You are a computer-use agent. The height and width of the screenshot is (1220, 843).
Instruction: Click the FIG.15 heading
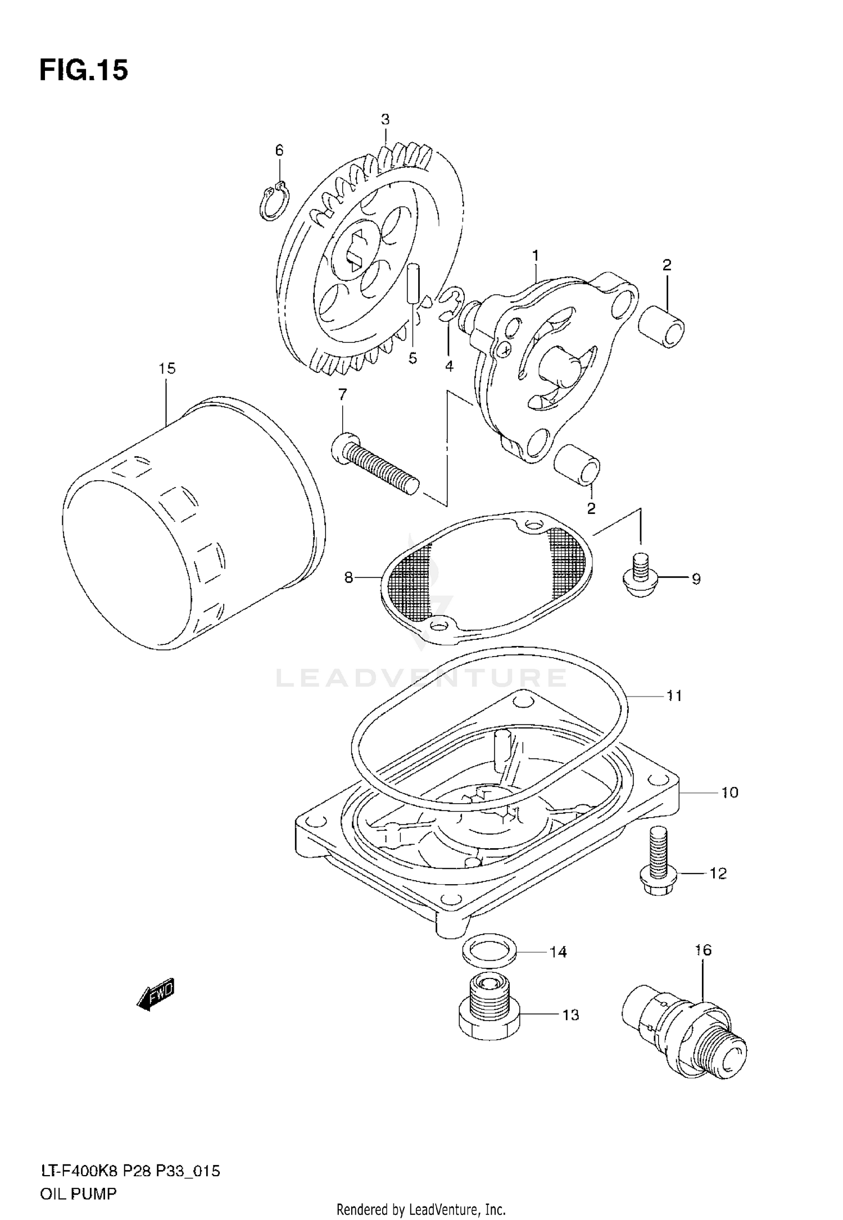click(84, 71)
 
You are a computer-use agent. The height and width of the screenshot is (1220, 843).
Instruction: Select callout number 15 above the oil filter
click(167, 368)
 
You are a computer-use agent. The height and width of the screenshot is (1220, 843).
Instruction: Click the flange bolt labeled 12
click(657, 865)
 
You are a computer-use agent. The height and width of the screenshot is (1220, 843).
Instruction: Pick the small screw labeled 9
click(640, 576)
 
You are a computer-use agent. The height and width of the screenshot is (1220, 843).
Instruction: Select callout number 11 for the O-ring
click(674, 696)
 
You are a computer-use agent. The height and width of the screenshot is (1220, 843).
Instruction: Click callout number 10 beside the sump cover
click(729, 793)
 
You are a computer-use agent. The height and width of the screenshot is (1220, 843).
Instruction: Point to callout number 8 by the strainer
click(348, 577)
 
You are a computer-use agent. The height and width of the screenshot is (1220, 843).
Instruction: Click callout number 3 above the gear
click(385, 120)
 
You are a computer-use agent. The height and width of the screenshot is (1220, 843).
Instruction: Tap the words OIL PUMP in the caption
click(78, 1193)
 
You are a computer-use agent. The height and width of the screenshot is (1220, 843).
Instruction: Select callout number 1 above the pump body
click(536, 256)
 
